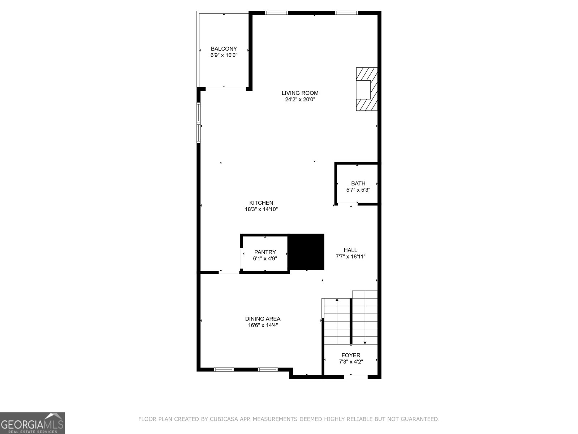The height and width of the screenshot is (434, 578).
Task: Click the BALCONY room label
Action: point(224,49)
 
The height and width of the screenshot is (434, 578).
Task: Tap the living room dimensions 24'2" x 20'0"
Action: point(300,99)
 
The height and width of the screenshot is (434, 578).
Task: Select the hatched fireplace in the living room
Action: point(367,89)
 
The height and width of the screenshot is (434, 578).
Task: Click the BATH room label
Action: point(358,183)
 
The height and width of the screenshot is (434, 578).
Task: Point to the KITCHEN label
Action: point(261,203)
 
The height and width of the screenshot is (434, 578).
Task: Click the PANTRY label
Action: point(265,252)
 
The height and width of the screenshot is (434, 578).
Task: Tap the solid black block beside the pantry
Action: point(307,252)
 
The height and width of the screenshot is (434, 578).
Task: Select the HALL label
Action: point(350,250)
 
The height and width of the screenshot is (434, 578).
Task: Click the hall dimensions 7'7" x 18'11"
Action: point(350,256)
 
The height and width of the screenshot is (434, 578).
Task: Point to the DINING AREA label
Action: point(263,319)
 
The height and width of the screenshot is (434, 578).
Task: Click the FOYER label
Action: point(351,355)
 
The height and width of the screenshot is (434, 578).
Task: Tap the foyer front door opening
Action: point(355,377)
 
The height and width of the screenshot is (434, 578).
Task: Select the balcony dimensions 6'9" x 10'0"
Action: point(224,55)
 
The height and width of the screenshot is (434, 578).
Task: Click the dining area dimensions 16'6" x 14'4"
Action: point(263,325)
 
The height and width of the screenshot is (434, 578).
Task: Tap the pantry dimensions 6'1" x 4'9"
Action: point(265,259)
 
